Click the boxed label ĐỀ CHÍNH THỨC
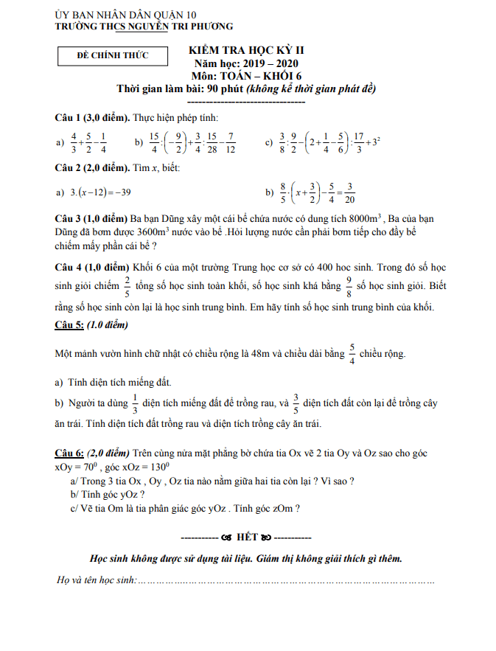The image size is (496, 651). [x=113, y=55]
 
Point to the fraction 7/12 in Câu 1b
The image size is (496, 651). [x=231, y=143]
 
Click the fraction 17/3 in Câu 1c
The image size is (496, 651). [x=359, y=143]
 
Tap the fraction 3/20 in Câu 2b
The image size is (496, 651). [x=349, y=192]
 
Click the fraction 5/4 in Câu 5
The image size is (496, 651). [x=352, y=353]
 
